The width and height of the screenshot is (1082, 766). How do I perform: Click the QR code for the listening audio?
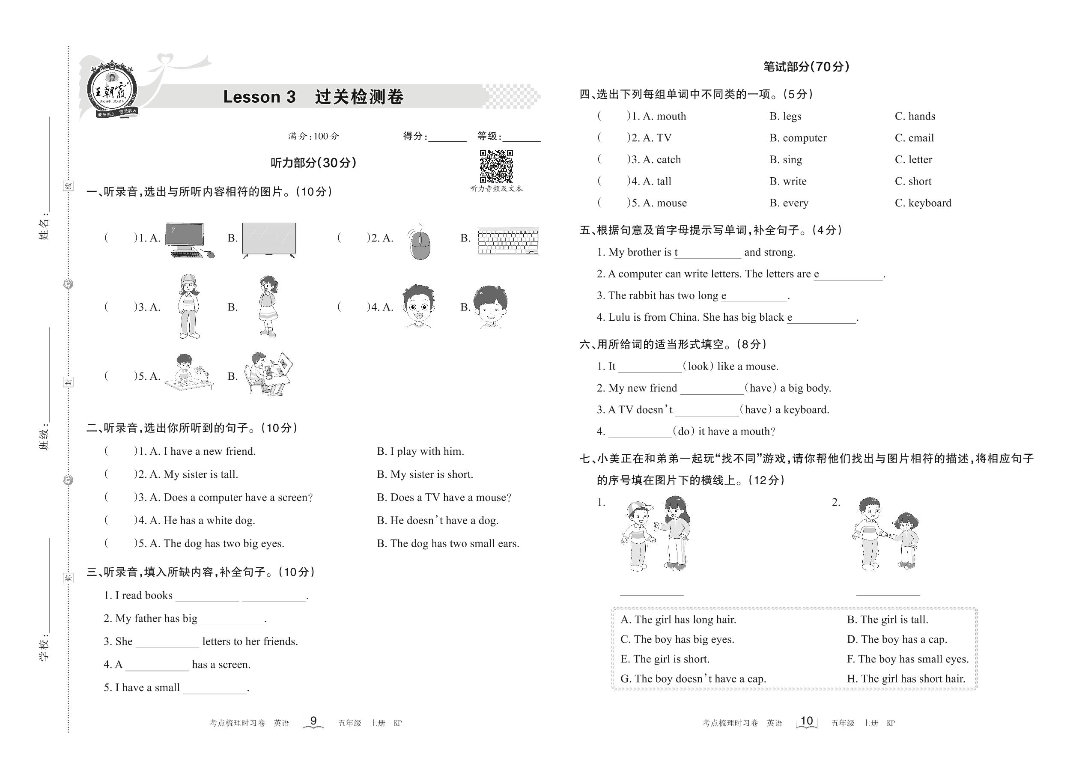[x=496, y=167]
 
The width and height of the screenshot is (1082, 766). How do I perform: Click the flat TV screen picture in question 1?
[x=269, y=240]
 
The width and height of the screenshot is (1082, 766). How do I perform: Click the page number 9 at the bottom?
[x=313, y=721]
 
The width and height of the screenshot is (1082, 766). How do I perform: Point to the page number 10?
[x=807, y=721]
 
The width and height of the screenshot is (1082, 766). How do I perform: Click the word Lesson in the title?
[x=252, y=97]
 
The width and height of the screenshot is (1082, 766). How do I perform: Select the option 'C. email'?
[x=914, y=138]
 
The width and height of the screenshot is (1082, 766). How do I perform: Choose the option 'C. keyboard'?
[x=923, y=203]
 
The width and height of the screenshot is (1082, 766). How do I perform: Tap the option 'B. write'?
[x=788, y=181]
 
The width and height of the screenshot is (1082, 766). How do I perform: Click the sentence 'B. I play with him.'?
[x=420, y=451]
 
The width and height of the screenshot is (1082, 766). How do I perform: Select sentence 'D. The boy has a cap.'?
[x=897, y=640]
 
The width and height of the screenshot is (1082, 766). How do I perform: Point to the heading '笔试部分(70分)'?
[x=807, y=67]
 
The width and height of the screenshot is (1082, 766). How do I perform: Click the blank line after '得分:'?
[x=447, y=138]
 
